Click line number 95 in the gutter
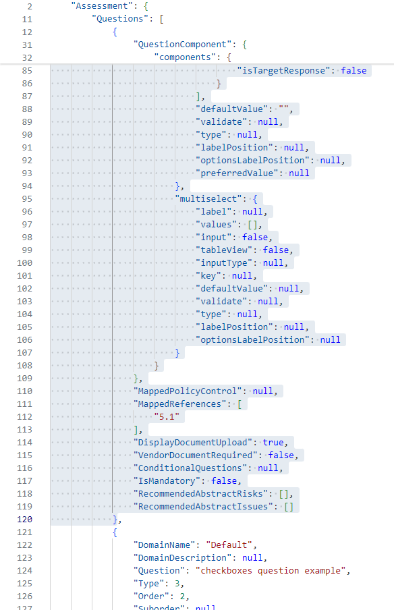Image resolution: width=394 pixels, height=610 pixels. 27,199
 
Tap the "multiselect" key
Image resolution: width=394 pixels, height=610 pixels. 209,199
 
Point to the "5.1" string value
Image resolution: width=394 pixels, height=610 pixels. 167,416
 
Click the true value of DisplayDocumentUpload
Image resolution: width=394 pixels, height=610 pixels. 273,443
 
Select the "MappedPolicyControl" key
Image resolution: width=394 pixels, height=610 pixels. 188,391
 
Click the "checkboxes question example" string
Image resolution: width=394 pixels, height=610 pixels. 271,571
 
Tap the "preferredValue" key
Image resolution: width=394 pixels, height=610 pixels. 237,173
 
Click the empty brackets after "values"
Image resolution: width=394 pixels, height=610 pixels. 252,225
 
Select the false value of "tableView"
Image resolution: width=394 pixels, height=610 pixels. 276,250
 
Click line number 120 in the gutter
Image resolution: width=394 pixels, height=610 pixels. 24,520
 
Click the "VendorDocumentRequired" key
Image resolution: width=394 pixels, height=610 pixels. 196,455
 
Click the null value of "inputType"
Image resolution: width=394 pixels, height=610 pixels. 273,263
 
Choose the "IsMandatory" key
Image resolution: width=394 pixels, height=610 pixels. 167,481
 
